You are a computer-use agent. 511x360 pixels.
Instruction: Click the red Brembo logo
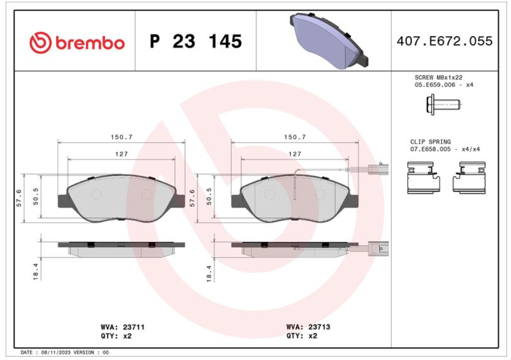pyautogui.click(x=77, y=42)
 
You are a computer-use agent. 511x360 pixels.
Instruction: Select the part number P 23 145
pyautogui.click(x=196, y=41)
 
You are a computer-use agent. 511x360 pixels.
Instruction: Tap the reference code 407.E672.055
pyautogui.click(x=445, y=41)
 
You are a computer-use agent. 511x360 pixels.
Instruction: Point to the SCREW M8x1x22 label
pyautogui.click(x=439, y=77)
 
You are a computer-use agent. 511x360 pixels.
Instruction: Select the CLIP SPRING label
pyautogui.click(x=430, y=142)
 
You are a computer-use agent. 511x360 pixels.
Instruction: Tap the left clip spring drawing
pyautogui.click(x=424, y=178)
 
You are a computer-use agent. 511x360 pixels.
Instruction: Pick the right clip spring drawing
pyautogui.click(x=469, y=178)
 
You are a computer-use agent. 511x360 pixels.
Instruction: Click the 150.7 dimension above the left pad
pyautogui.click(x=121, y=137)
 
